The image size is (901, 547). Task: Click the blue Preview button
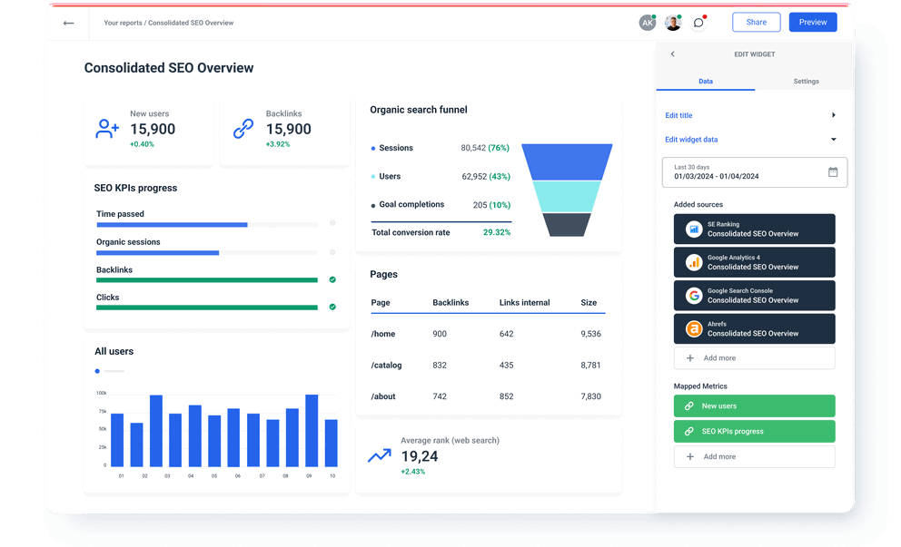click(812, 22)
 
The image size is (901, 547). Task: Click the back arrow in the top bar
click(68, 23)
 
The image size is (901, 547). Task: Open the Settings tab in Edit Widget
click(806, 82)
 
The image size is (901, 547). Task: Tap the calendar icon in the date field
click(833, 172)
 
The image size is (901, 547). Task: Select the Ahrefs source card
click(754, 328)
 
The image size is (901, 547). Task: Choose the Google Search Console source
click(754, 295)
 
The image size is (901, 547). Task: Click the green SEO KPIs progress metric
click(754, 432)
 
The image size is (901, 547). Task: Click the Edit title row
click(750, 115)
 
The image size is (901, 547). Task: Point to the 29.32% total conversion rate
click(496, 232)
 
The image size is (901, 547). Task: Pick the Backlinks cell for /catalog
click(440, 365)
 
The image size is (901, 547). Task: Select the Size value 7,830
click(590, 396)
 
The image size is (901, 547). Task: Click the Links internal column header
click(524, 302)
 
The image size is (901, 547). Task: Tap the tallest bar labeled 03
click(156, 430)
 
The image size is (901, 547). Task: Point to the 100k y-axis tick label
click(101, 394)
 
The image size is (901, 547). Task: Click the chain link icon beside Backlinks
click(243, 129)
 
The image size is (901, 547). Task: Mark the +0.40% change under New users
click(142, 144)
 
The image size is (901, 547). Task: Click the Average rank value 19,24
click(419, 456)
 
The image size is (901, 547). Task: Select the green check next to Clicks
click(332, 307)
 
